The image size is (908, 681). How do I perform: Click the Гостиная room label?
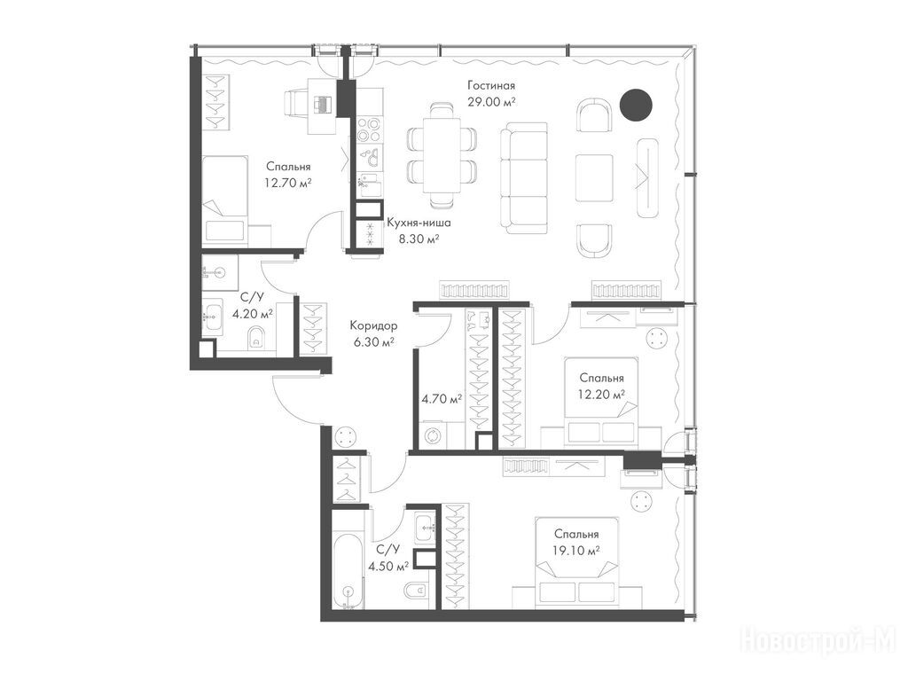(491, 86)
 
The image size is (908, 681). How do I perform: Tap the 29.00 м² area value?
(491, 102)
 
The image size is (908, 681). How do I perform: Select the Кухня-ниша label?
(419, 223)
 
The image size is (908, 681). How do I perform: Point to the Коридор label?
(373, 326)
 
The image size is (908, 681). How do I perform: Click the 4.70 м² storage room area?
(442, 399)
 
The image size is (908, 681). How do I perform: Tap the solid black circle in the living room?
(636, 105)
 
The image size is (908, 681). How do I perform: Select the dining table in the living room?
(442, 155)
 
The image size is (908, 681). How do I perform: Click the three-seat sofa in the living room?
(524, 177)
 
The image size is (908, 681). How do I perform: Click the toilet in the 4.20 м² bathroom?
(255, 339)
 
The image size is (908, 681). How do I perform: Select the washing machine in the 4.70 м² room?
(433, 435)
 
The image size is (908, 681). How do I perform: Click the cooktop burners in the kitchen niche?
(368, 129)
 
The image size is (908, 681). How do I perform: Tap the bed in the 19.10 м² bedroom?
(576, 561)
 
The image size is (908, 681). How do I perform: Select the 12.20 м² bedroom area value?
(602, 395)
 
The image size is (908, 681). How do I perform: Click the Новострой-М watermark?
(818, 642)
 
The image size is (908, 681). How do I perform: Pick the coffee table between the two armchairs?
(594, 177)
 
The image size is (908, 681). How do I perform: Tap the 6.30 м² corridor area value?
(373, 342)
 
